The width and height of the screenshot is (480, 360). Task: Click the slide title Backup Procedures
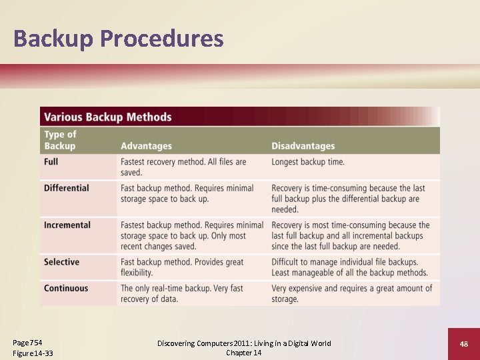pyautogui.click(x=118, y=39)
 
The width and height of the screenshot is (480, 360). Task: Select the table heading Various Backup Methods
pyautogui.click(x=108, y=117)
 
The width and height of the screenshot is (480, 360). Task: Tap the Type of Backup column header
pyautogui.click(x=60, y=140)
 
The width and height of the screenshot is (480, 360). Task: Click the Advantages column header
pyautogui.click(x=146, y=146)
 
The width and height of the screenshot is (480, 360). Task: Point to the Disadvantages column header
pyautogui.click(x=303, y=146)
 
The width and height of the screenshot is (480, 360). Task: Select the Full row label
pyautogui.click(x=51, y=162)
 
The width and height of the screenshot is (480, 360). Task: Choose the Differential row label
pyautogui.click(x=66, y=188)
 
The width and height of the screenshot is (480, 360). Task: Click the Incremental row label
pyautogui.click(x=67, y=225)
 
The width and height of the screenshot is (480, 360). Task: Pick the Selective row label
pyautogui.click(x=61, y=262)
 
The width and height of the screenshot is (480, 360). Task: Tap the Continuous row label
pyautogui.click(x=66, y=289)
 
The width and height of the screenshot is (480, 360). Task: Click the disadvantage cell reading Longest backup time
pyautogui.click(x=308, y=162)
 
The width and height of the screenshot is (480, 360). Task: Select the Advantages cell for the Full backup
pyautogui.click(x=183, y=167)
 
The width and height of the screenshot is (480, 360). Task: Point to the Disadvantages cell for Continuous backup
pyautogui.click(x=351, y=294)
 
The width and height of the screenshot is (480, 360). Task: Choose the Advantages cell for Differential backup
pyautogui.click(x=187, y=193)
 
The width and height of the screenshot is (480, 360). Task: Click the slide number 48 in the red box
pyautogui.click(x=463, y=344)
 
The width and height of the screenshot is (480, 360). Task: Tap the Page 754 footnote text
pyautogui.click(x=28, y=343)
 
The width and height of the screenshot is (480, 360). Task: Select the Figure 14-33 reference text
pyautogui.click(x=33, y=353)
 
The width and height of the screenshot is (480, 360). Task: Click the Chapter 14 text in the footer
pyautogui.click(x=243, y=353)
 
